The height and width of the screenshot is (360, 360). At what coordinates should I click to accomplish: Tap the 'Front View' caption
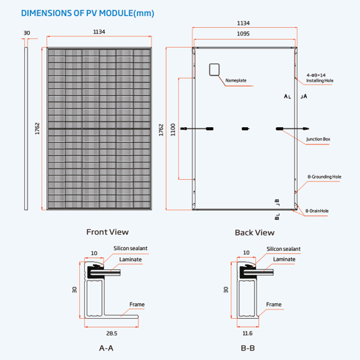[x=107, y=232]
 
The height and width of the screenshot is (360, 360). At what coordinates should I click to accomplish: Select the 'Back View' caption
[x=254, y=232]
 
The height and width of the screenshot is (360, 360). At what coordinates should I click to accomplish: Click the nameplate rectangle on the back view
[x=214, y=70]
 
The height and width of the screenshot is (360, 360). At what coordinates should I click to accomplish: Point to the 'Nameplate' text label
[x=236, y=80]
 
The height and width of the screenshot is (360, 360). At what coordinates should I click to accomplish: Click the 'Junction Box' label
[x=318, y=139]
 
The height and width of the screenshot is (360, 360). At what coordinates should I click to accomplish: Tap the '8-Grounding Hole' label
[x=324, y=177]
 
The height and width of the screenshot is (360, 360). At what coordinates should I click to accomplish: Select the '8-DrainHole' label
[x=317, y=211]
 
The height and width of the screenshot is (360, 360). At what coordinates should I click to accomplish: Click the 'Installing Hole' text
[x=320, y=81]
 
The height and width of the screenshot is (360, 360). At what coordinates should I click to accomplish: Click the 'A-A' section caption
[x=106, y=348]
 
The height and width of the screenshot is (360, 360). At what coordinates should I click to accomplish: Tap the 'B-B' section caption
[x=248, y=348]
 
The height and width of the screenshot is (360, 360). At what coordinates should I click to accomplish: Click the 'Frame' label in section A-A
[x=137, y=304]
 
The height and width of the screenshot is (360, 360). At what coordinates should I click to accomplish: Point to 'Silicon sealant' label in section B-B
[x=284, y=249]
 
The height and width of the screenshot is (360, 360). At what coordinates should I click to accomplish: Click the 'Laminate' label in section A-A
[x=131, y=259]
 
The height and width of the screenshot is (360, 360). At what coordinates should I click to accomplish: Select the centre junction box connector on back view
[x=245, y=128]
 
